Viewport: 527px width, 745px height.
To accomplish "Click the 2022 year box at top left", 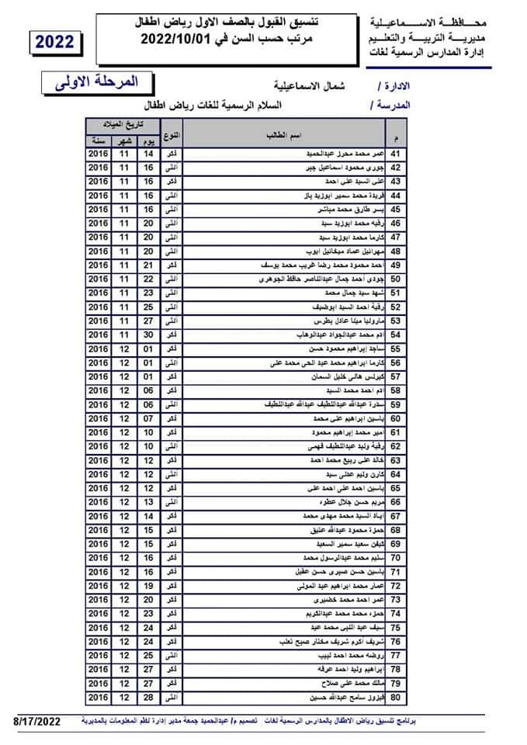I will click(54, 42).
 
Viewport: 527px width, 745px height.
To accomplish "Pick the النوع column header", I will click(174, 136).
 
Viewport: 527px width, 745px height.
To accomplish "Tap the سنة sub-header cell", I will click(98, 141).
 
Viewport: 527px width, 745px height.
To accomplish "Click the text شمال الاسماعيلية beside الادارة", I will click(308, 85).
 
